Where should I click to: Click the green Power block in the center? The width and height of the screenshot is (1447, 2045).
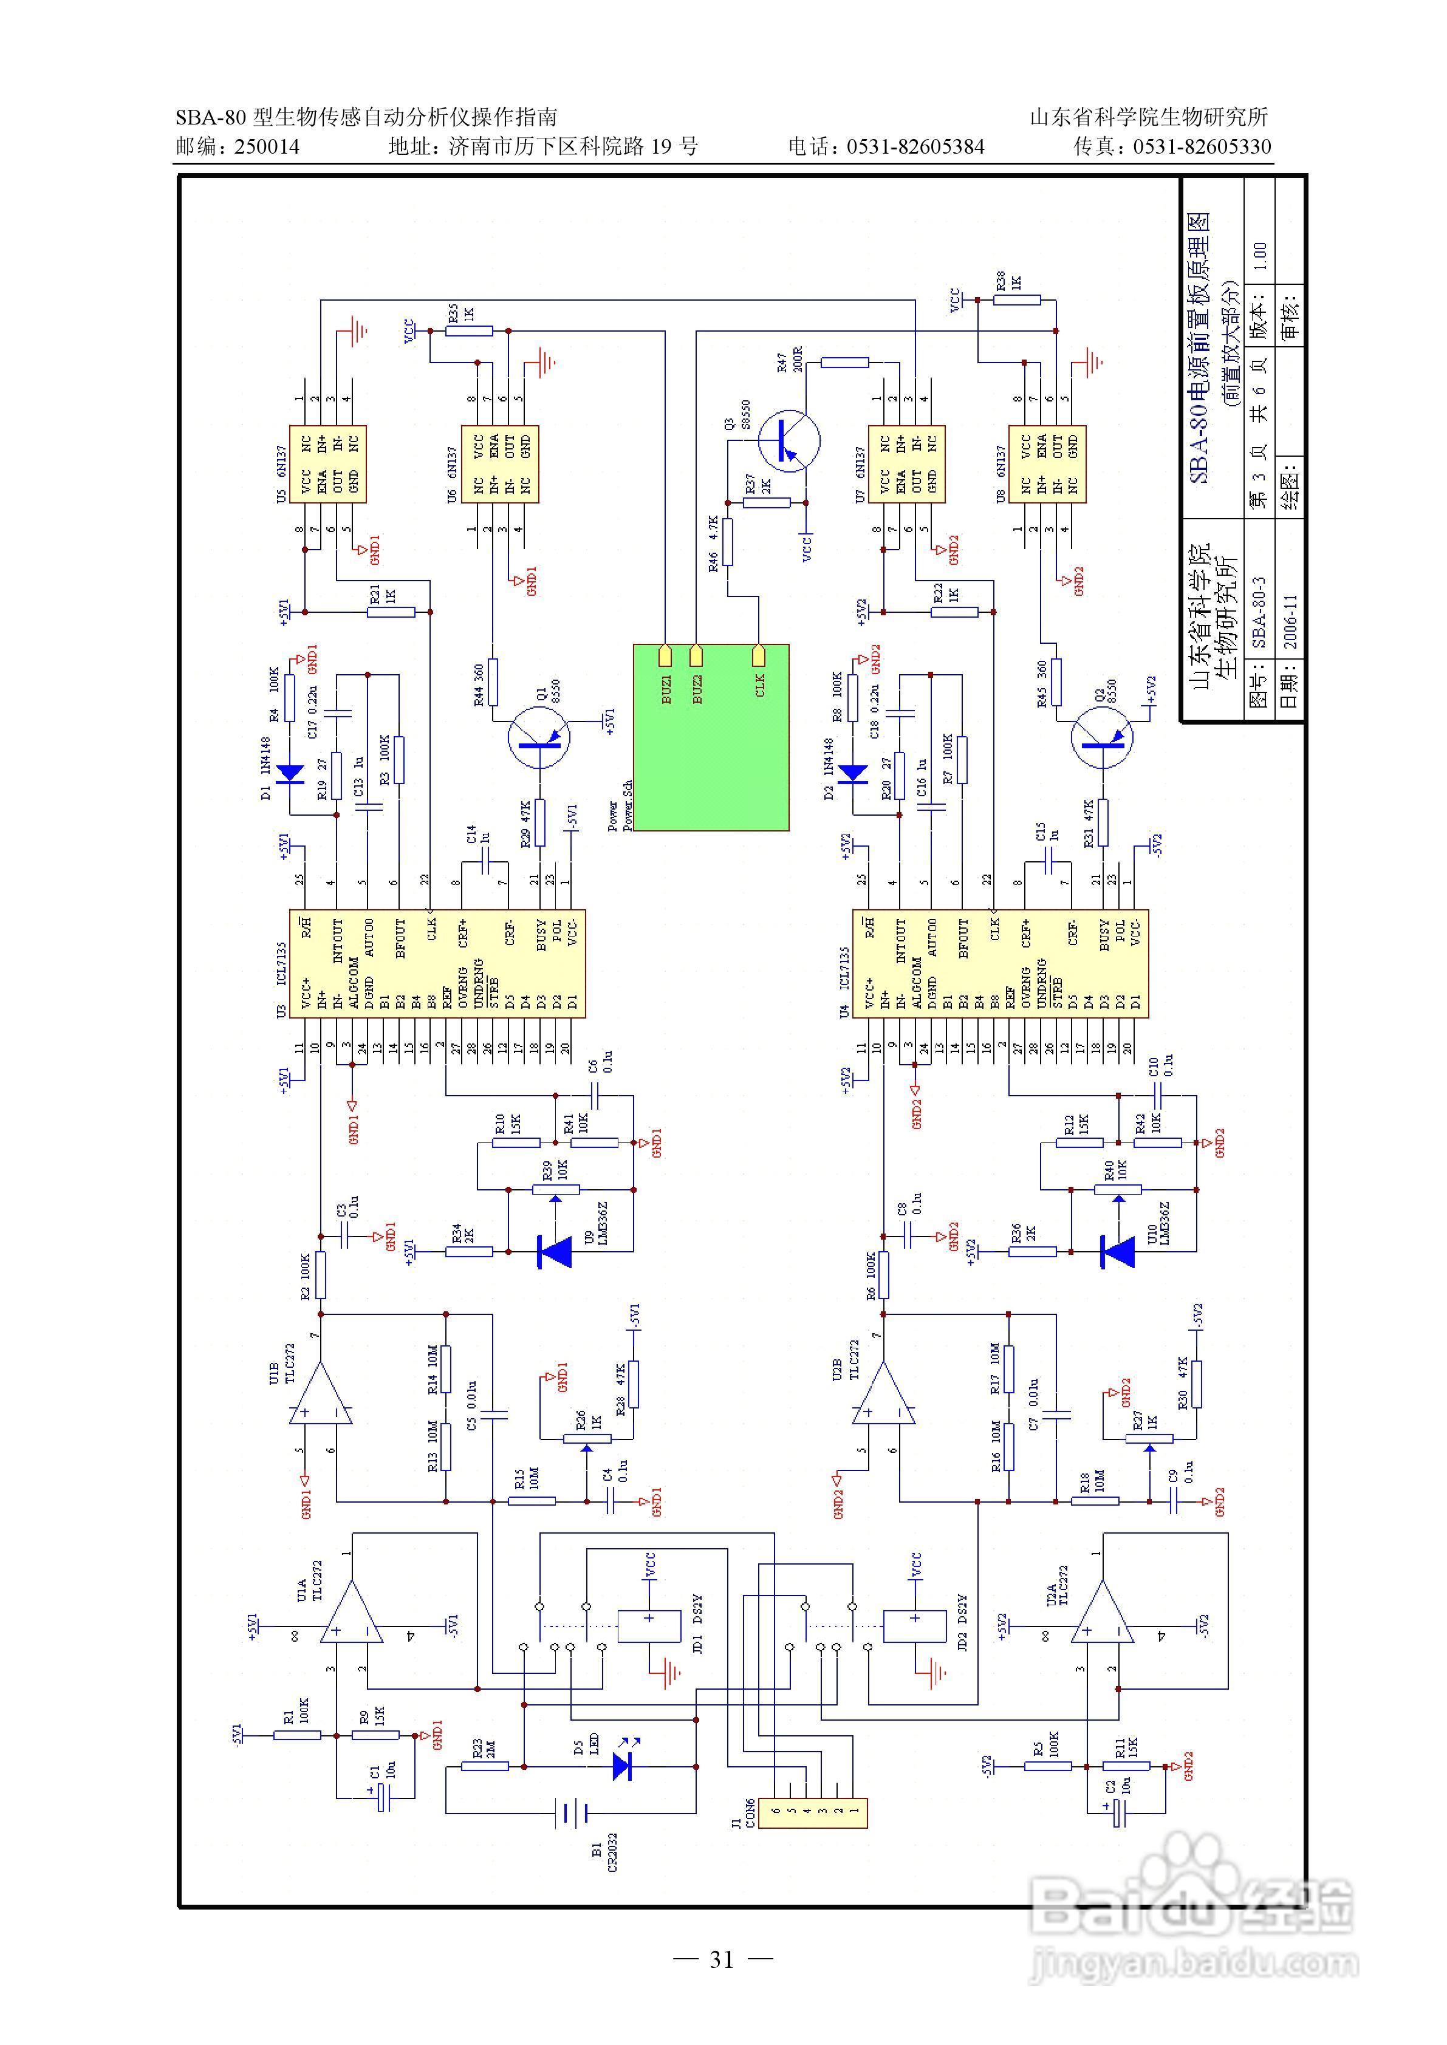(710, 737)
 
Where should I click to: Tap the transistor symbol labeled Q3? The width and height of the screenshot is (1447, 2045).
(790, 440)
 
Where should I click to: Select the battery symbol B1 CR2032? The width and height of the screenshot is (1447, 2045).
(570, 1812)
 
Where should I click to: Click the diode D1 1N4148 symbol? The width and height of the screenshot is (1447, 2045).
(290, 774)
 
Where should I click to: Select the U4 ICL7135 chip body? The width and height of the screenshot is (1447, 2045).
(1000, 964)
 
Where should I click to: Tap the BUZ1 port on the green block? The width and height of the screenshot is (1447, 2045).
(665, 657)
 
